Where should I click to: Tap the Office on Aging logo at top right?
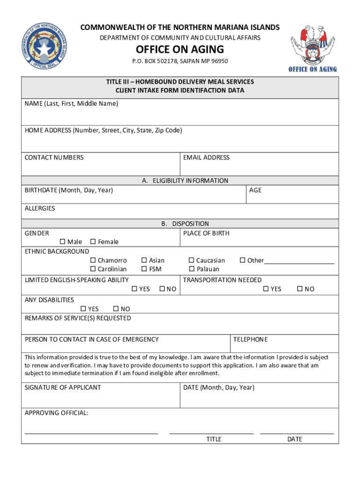point(313,48)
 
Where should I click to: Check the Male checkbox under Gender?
point(62,241)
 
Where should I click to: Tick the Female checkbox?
point(93,241)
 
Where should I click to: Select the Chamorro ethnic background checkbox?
point(93,260)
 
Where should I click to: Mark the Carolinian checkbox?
point(93,269)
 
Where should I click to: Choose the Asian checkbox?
point(144,260)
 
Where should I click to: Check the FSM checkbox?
point(144,269)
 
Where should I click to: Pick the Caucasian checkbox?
point(191,260)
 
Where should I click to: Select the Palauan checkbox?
point(191,269)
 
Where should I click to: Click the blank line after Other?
point(299,261)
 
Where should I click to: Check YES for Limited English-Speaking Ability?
point(134,289)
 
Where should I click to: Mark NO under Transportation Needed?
point(300,289)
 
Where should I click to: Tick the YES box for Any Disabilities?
point(83,309)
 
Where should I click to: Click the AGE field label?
point(255,190)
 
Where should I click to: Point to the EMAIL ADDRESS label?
point(206,158)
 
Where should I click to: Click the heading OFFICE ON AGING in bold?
point(180,50)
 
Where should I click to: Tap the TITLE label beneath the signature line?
point(214,439)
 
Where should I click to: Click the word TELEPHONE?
point(251,339)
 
